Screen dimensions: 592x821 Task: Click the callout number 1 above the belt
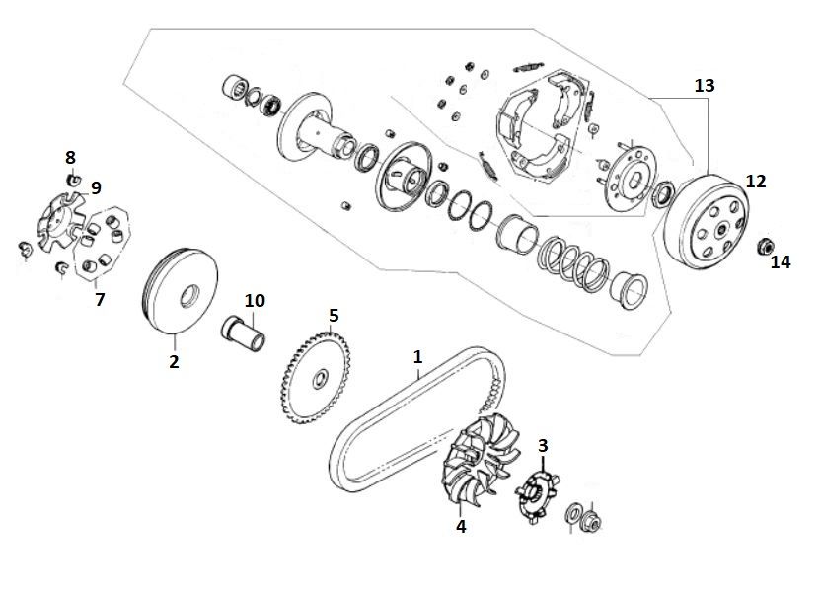(417, 356)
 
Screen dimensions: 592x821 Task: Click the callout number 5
(334, 316)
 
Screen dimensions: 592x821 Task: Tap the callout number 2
(174, 362)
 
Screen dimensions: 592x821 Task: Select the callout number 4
(460, 527)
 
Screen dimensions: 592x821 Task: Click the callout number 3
(542, 445)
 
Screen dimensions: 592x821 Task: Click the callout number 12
(756, 182)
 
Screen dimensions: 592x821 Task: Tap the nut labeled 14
(764, 245)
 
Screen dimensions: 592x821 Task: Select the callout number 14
(781, 262)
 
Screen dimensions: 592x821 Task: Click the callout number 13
(704, 86)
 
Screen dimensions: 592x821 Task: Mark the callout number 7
(100, 299)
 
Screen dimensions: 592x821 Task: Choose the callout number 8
(70, 157)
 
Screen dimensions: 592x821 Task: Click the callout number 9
(96, 187)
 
